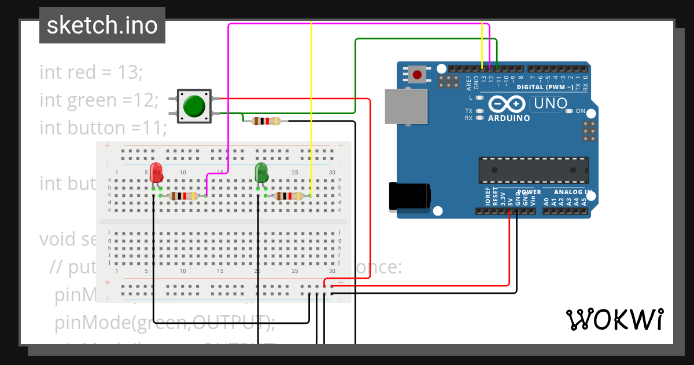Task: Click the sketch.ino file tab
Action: tap(102, 25)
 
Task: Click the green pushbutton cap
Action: tap(194, 106)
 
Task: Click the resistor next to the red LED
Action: tap(183, 196)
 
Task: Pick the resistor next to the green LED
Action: tap(289, 196)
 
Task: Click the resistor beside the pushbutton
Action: tap(265, 121)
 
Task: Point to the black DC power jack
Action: tap(409, 195)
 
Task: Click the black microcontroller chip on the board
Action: tap(533, 170)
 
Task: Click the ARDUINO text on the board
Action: tap(509, 118)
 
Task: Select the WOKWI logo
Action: tap(614, 319)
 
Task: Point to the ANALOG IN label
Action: tap(573, 192)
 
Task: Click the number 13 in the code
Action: tap(129, 72)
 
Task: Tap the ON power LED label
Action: tap(581, 111)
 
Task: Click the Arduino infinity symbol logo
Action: tap(508, 104)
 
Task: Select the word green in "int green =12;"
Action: tap(93, 100)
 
